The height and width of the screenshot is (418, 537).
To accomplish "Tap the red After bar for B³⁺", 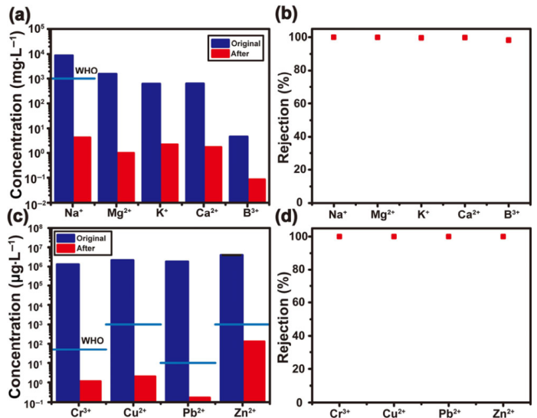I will (257, 190).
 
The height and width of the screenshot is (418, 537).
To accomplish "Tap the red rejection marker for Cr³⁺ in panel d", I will (339, 237).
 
